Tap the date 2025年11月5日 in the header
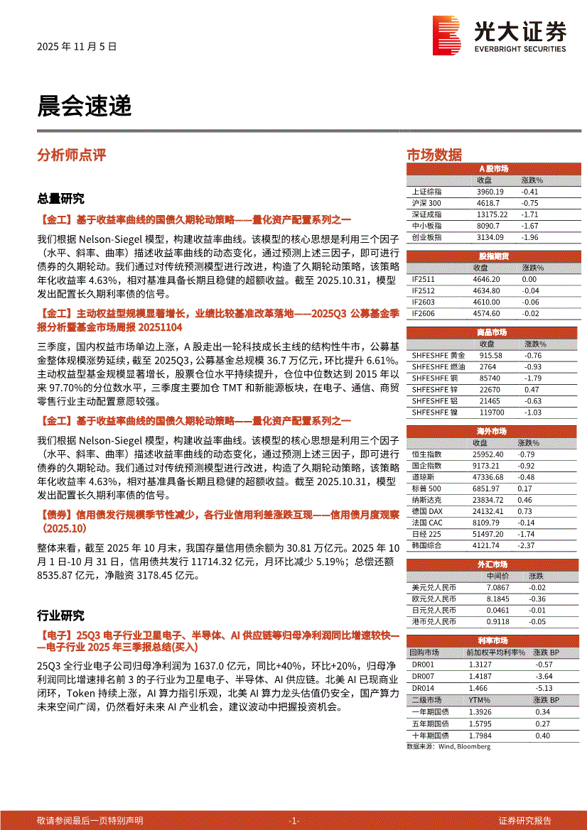[76, 47]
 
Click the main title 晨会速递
[85, 107]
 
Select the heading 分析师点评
[71, 155]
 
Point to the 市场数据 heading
[433, 155]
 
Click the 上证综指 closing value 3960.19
[490, 192]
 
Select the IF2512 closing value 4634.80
[486, 291]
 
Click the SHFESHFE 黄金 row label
[438, 356]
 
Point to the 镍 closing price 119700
[492, 413]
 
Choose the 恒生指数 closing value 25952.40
[488, 454]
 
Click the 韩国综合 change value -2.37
[527, 545]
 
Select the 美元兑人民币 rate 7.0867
[497, 588]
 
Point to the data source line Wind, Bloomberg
[448, 746]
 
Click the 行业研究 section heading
[60, 615]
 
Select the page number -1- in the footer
[294, 820]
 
